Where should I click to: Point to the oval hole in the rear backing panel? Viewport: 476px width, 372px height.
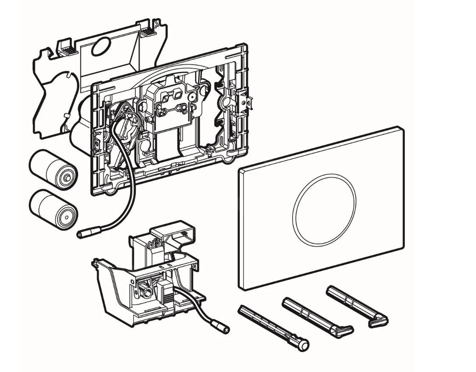100,47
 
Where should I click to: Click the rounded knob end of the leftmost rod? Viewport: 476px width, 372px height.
303,345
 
